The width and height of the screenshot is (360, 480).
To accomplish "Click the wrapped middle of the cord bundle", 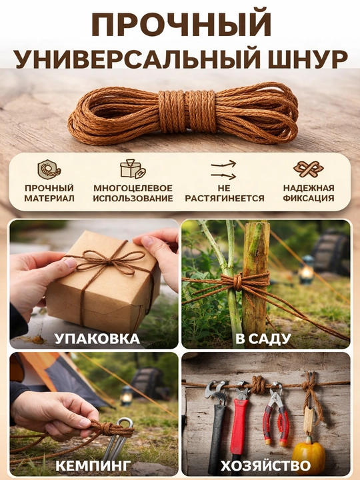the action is click(x=187, y=111).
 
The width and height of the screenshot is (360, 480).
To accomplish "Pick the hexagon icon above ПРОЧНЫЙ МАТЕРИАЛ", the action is click(x=49, y=169).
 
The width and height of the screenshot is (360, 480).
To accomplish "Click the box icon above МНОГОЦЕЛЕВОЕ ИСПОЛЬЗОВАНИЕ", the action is click(x=133, y=169).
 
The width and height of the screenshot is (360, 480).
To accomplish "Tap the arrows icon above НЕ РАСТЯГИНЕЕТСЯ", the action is click(x=224, y=170).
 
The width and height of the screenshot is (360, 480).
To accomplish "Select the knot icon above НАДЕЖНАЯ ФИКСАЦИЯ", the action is click(x=309, y=169).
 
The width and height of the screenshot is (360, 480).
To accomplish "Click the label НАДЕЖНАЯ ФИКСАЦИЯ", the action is click(x=309, y=193).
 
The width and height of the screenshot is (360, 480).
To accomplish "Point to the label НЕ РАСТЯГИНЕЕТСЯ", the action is click(x=225, y=193).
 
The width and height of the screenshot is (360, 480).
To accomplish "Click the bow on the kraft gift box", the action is click(x=109, y=260).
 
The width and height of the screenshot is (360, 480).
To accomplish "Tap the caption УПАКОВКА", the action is click(x=97, y=339).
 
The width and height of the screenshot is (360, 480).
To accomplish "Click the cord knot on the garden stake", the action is click(x=238, y=281).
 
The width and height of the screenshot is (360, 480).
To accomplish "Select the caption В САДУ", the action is click(x=263, y=339).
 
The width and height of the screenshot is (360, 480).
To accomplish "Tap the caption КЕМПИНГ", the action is click(x=93, y=465).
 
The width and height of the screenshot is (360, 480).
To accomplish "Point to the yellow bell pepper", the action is click(x=309, y=455).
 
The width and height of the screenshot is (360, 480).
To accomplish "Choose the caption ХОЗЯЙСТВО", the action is click(x=266, y=465).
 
